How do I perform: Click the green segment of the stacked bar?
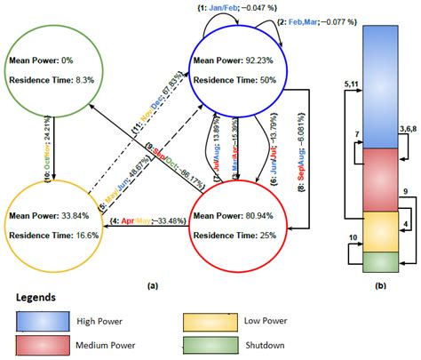(380, 262)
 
